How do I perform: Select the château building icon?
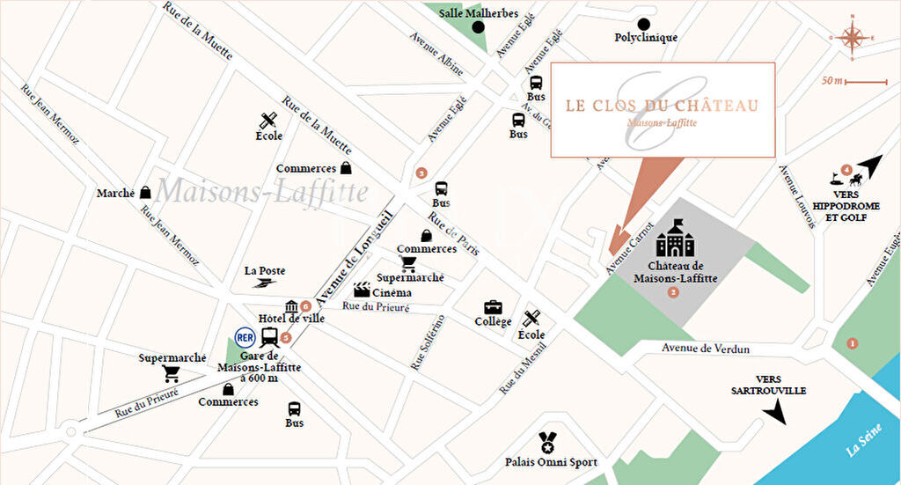[x=674, y=239]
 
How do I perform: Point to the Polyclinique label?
[x=646, y=38]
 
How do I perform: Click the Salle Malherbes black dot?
[x=479, y=27]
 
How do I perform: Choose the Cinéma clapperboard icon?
[x=362, y=290]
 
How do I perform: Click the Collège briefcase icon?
[x=493, y=307]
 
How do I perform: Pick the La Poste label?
[x=264, y=271]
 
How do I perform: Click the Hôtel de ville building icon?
[x=291, y=306]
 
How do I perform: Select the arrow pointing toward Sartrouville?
[x=775, y=411]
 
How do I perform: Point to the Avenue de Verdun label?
[x=707, y=349]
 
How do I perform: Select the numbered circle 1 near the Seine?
[x=851, y=343]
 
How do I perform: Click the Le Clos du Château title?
[x=661, y=106]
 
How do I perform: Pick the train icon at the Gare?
[x=270, y=337]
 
